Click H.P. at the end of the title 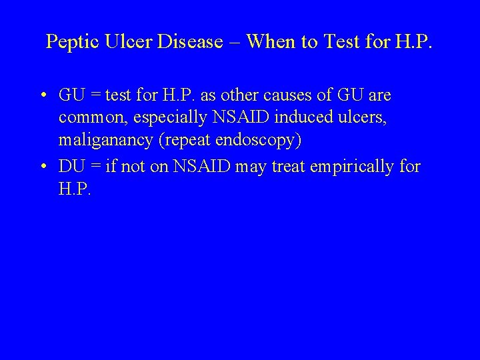tap(414, 43)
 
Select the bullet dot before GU tap(43, 96)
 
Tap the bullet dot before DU tap(43, 166)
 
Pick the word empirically tap(358, 166)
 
